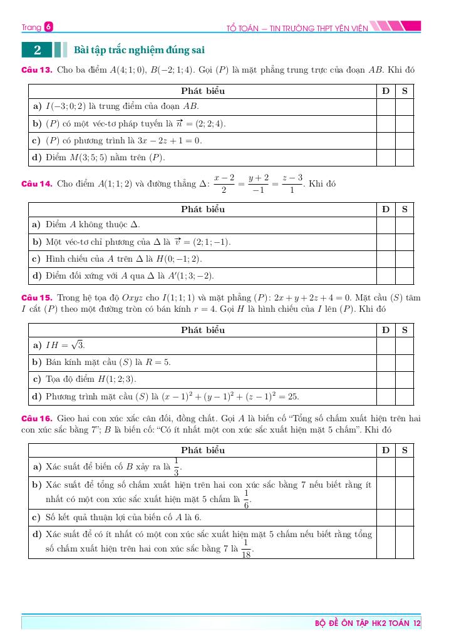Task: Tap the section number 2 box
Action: (38, 50)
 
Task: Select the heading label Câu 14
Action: (36, 184)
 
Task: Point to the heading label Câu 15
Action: (36, 298)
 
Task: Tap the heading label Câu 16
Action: (36, 418)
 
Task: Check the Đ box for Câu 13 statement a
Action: (386, 107)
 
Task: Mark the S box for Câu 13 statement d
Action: (405, 158)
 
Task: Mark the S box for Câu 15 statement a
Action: (405, 346)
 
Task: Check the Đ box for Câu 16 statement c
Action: (386, 518)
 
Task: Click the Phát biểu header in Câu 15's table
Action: (202, 329)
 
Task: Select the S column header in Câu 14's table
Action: (405, 209)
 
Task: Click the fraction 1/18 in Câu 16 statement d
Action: (246, 548)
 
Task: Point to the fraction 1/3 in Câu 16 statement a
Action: (177, 466)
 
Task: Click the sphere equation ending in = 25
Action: (230, 396)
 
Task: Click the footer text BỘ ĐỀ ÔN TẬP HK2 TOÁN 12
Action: (368, 623)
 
